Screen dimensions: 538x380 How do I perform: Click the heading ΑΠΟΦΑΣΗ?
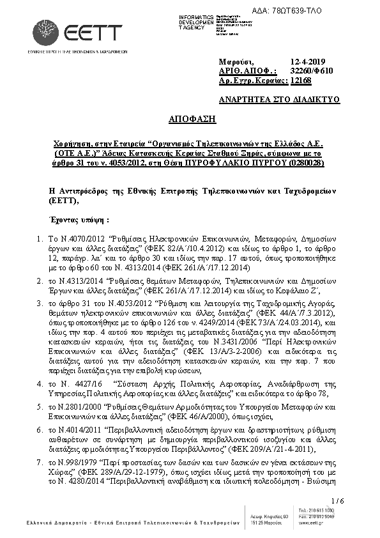point(192,120)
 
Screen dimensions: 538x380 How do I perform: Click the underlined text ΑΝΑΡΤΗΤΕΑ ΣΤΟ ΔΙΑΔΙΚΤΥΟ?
point(278,100)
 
